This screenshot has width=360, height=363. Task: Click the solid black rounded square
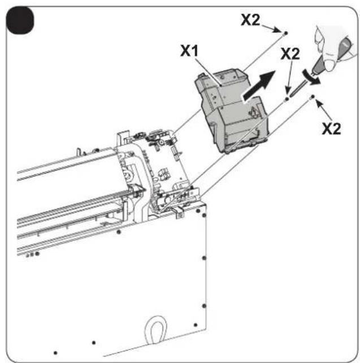(x=20, y=20)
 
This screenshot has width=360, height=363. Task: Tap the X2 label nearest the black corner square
(x=250, y=20)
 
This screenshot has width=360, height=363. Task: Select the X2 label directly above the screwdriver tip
(x=290, y=54)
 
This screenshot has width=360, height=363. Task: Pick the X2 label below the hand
(x=332, y=129)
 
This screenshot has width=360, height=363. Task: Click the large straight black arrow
(x=259, y=86)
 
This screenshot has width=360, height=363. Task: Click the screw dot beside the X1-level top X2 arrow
(x=285, y=33)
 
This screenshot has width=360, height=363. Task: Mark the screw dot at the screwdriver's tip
(x=287, y=99)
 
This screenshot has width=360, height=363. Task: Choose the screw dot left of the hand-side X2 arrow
(x=313, y=97)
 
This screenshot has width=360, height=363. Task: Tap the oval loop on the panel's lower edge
(x=155, y=330)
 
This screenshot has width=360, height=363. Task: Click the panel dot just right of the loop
(x=196, y=325)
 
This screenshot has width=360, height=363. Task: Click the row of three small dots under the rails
(x=32, y=254)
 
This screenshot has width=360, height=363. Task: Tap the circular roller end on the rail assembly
(x=127, y=177)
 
